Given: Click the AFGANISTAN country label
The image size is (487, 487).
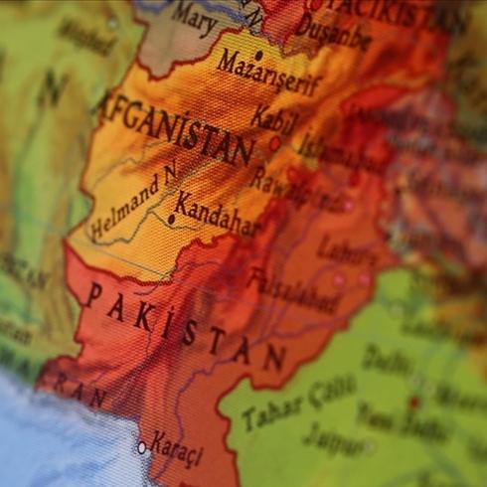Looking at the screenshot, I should pos(177,127).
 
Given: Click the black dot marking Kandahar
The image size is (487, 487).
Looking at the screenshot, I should pos(170,219).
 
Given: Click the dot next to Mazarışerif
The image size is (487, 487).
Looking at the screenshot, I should pos(258,56).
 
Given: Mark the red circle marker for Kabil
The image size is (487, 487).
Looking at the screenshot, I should pos(275,143).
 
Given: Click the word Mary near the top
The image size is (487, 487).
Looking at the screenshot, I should pos(194,14).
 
